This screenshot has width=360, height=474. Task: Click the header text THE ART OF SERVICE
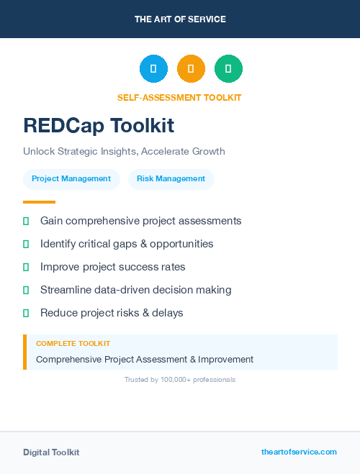tap(180, 19)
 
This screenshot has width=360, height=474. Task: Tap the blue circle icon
tap(153, 69)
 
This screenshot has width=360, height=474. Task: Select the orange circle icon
tap(191, 69)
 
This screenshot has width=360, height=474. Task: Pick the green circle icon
tap(228, 69)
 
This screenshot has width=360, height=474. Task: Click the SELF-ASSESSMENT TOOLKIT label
tap(179, 97)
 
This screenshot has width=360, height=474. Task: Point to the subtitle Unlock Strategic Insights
tap(124, 151)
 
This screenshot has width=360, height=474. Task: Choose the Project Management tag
tap(71, 178)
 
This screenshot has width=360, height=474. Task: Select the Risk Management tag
tap(171, 178)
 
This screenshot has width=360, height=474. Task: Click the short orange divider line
tap(39, 202)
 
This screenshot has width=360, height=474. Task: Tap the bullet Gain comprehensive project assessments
tap(140, 221)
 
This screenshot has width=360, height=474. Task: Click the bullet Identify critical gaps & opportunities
tap(127, 244)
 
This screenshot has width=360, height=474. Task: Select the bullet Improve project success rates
tap(112, 267)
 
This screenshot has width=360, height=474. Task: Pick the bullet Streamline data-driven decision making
tap(135, 290)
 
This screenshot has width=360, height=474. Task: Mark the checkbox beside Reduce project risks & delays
tap(26, 313)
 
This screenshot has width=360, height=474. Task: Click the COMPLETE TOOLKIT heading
tap(73, 344)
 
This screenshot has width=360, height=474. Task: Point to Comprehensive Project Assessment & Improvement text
tap(145, 359)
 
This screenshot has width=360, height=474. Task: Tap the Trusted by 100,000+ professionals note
tap(179, 379)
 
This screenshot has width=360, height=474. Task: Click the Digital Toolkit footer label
tap(51, 452)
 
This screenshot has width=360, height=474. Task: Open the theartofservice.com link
tap(299, 452)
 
